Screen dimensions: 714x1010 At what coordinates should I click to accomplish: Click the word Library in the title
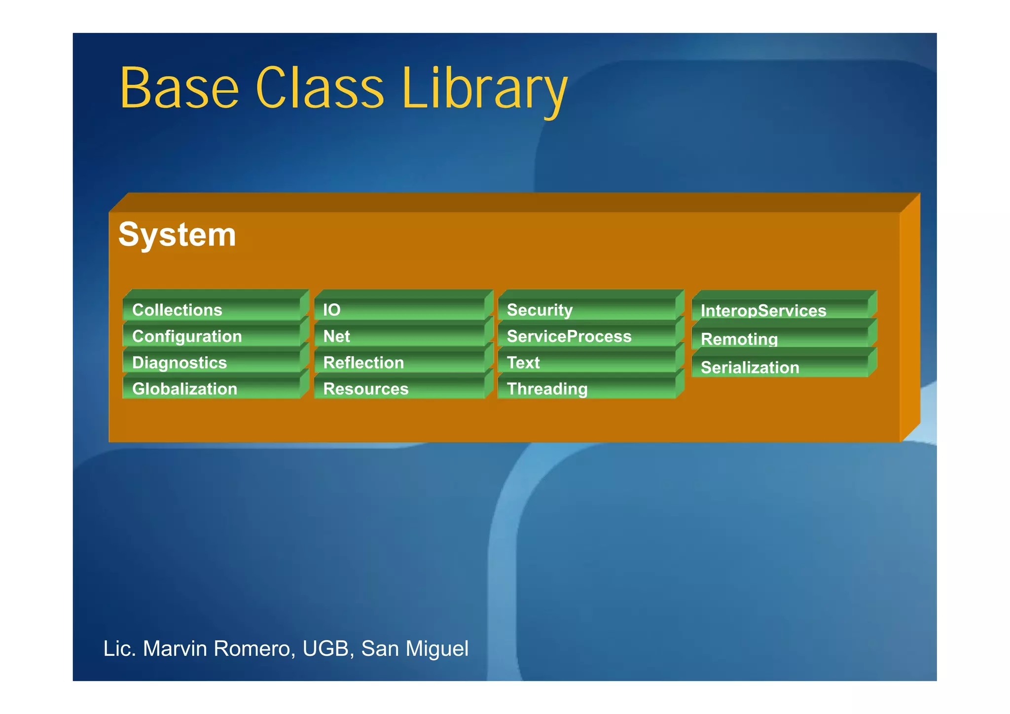[x=485, y=89]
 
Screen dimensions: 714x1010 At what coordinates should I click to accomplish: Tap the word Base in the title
[x=179, y=89]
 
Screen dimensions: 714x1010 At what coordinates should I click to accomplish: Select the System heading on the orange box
[x=177, y=235]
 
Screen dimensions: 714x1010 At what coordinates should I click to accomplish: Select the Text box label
[x=523, y=363]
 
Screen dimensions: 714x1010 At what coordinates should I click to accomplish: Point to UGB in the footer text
[x=325, y=648]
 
